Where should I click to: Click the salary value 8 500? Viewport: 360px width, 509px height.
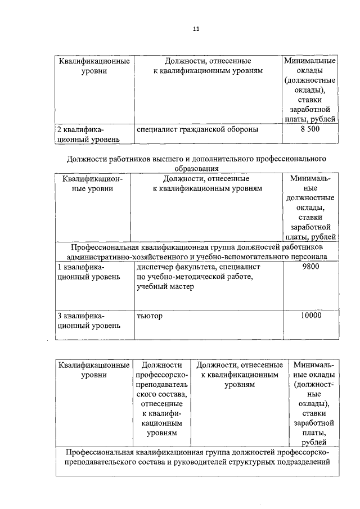click(x=310, y=129)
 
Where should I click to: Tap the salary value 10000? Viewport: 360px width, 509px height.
click(x=310, y=316)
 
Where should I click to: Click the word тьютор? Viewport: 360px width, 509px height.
click(x=149, y=316)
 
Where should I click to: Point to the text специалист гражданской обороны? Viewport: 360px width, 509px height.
click(x=197, y=129)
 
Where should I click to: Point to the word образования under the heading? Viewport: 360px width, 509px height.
click(x=196, y=168)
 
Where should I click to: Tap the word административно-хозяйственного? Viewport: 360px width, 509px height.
click(x=132, y=256)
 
